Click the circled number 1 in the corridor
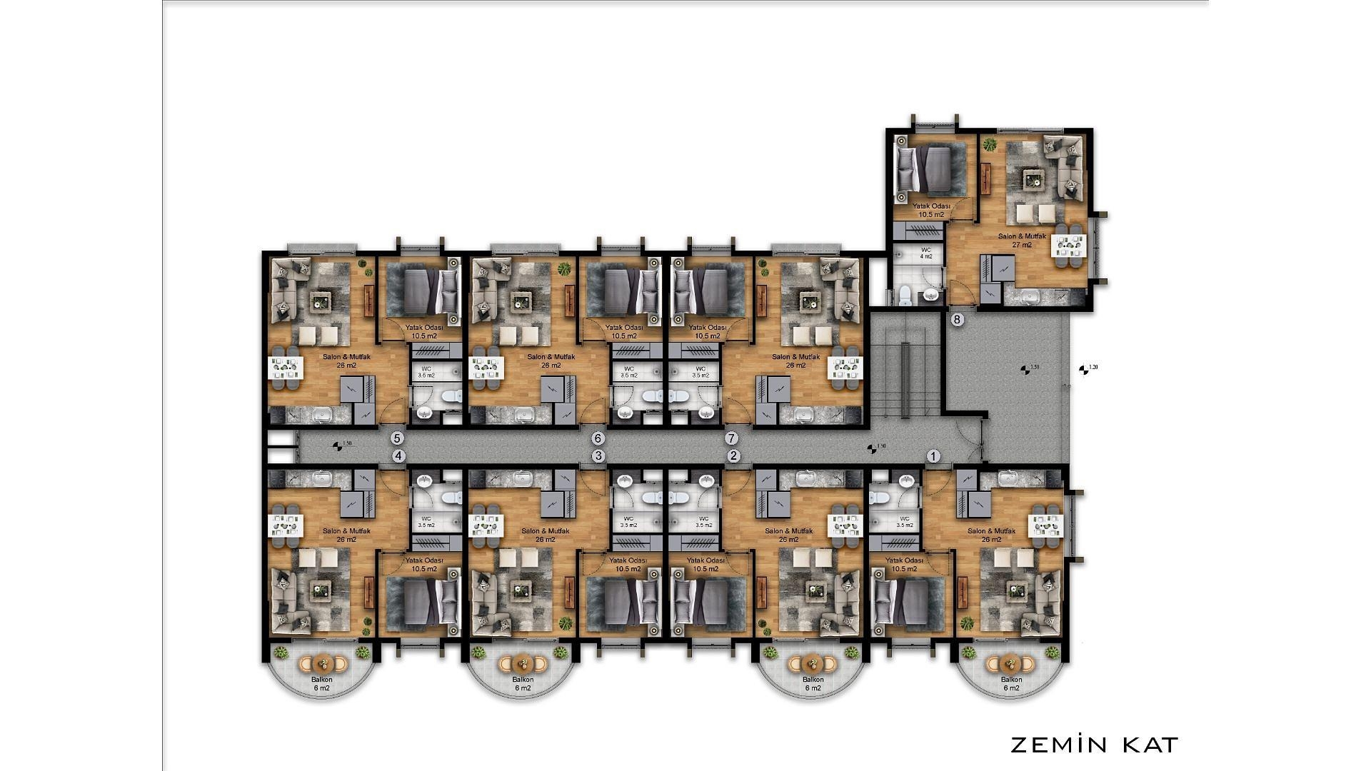933,456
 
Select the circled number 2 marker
733,456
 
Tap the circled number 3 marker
598,456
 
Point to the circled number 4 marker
398,456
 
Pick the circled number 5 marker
398,438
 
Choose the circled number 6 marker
598,438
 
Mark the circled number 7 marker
730,438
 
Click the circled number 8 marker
958,320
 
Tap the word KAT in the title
1150,745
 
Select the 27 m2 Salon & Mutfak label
1022,241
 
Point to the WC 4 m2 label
925,253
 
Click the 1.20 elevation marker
1088,369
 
